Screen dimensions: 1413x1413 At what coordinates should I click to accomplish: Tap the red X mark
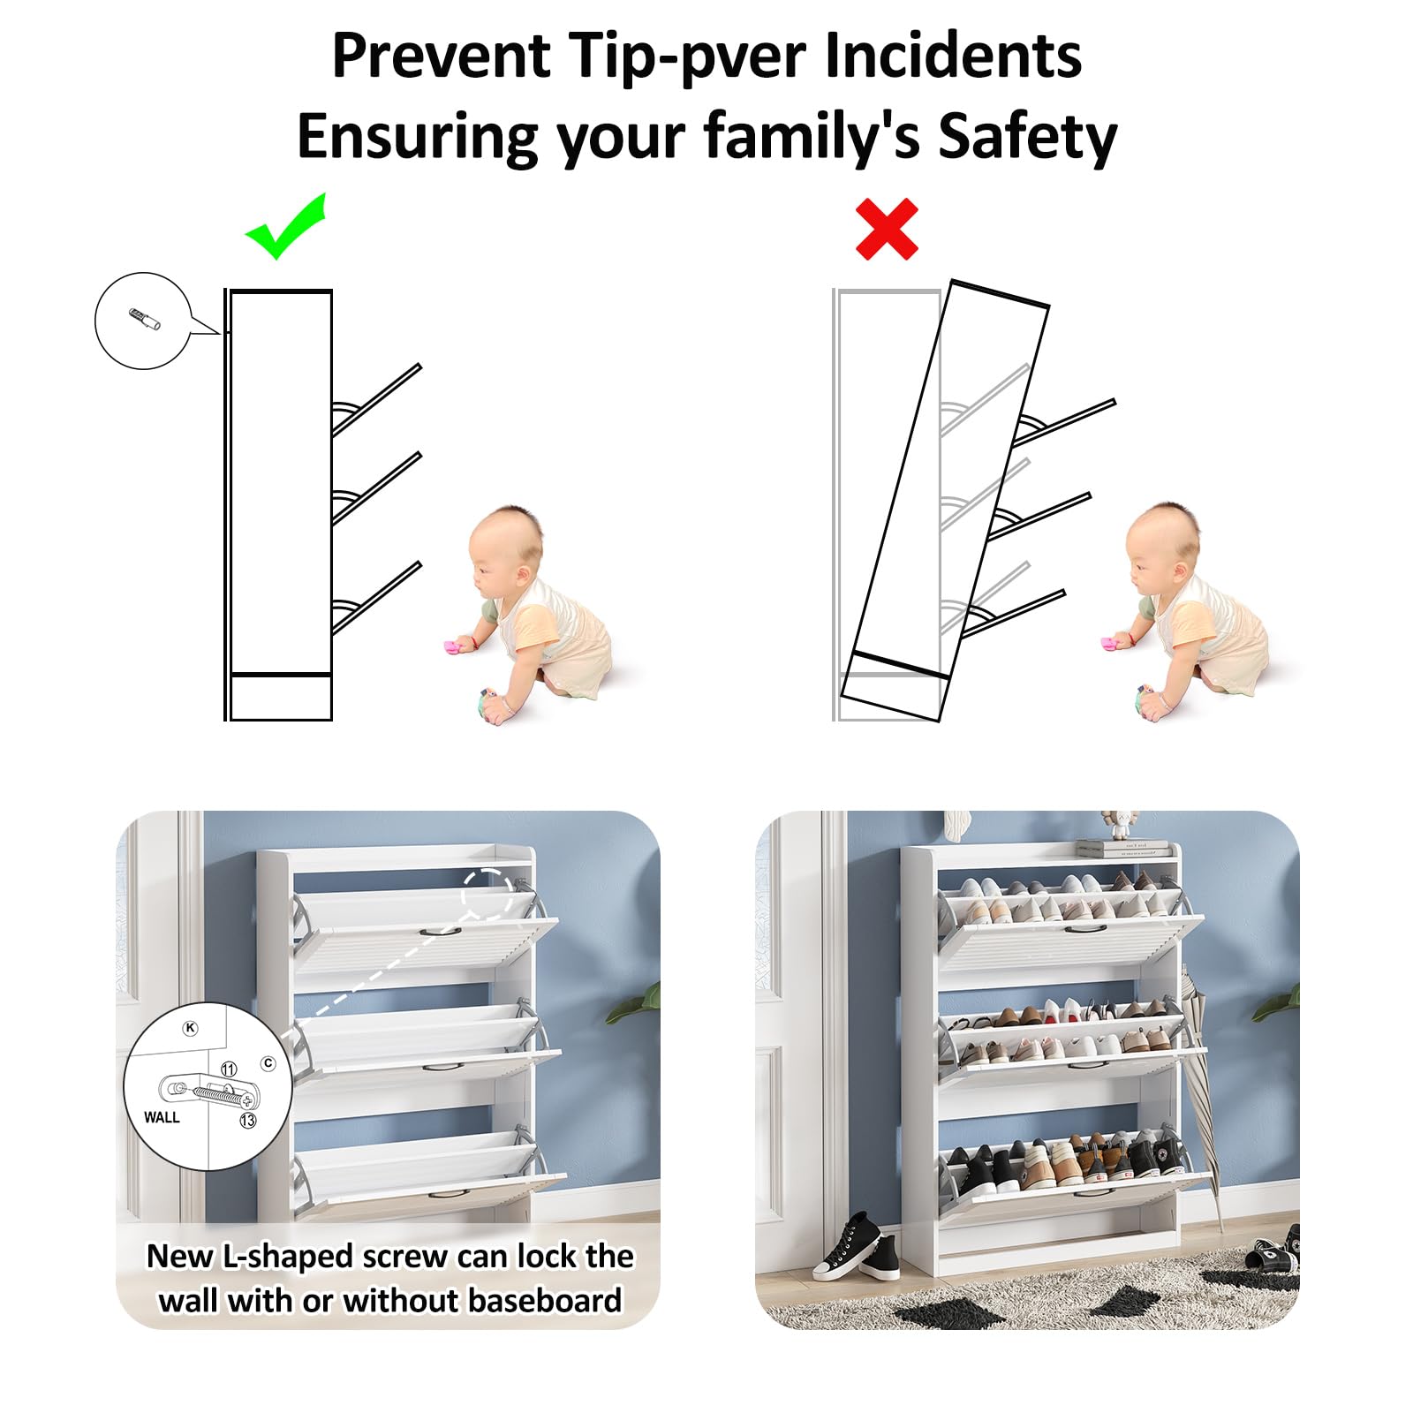coord(887,230)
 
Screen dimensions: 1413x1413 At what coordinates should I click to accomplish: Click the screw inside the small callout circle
coord(145,319)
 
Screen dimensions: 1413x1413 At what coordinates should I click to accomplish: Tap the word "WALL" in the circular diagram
coord(162,1117)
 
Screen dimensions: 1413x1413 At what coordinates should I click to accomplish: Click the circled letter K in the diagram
coord(190,1028)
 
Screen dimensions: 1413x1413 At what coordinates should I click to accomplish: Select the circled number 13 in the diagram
coord(248,1120)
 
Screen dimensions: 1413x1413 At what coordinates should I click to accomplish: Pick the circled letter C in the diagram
coord(268,1063)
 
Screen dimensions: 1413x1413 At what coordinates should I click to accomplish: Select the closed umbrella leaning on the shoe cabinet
coord(1202,1086)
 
